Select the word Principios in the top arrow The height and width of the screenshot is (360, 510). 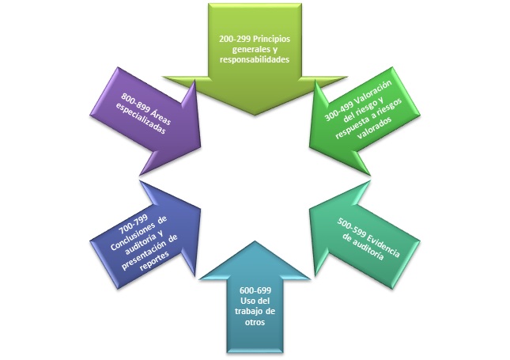pyautogui.click(x=273, y=38)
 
